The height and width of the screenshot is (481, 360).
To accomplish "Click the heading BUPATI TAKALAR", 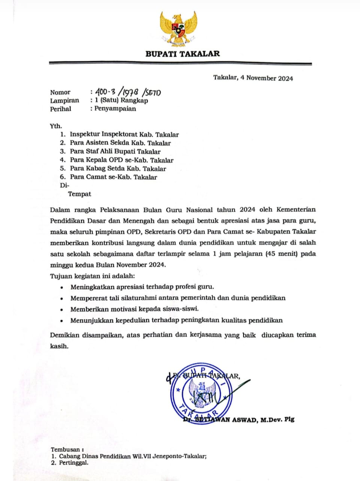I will coord(182,54).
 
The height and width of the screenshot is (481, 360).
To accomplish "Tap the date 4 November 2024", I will coord(267,78).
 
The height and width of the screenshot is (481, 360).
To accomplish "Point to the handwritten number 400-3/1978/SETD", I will coord(128,92).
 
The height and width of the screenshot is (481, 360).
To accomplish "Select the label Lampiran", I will coord(65,100).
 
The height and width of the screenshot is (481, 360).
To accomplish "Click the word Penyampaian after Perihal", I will coord(115,109).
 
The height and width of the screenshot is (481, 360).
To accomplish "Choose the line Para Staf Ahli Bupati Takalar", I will coord(115,152).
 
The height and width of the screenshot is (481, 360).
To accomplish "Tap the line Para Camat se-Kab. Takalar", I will coord(113,177).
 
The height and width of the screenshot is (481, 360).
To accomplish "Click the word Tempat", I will coord(80,194).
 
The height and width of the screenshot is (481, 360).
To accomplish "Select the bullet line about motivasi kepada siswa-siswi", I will coord(134,309).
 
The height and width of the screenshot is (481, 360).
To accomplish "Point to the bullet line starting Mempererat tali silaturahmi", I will coord(178,298).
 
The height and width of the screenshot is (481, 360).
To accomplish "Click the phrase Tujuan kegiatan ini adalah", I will coord(92,276).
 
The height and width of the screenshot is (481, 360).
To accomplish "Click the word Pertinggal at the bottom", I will coord(74,463).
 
